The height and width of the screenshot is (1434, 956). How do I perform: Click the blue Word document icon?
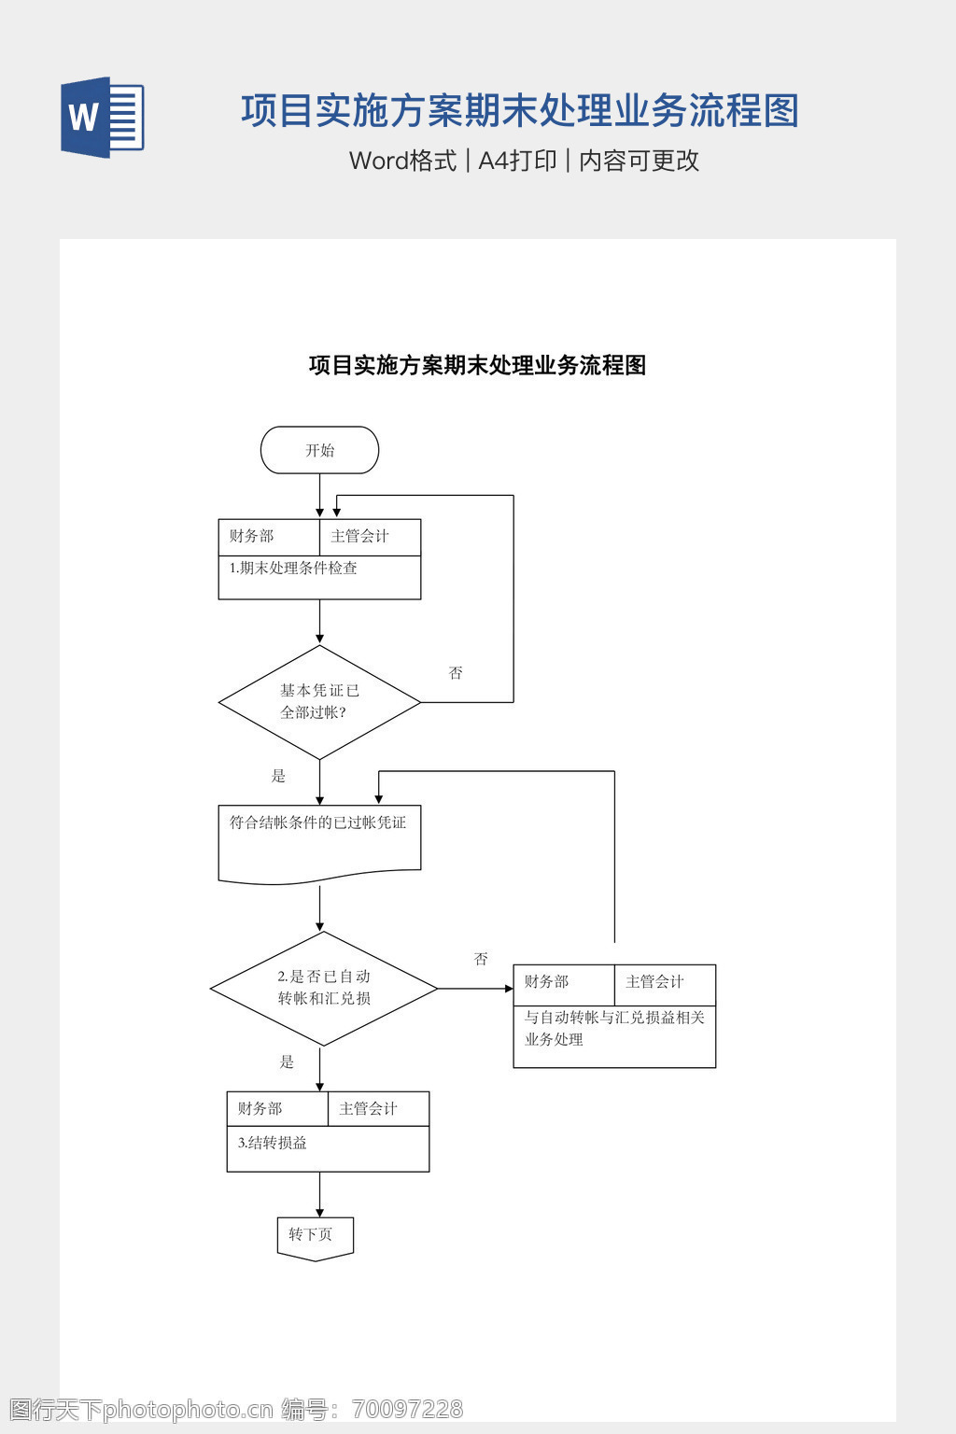pos(102,118)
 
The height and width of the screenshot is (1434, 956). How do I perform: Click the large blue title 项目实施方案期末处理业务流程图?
pos(520,111)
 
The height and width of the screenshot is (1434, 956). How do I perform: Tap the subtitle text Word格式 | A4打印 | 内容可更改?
pos(524,161)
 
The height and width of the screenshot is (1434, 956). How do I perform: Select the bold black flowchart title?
pos(477,365)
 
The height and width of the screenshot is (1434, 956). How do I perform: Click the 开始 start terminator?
pos(319,450)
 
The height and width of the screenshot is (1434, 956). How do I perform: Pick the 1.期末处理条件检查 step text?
pos(293,568)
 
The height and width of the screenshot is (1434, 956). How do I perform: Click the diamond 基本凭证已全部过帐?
pos(319,702)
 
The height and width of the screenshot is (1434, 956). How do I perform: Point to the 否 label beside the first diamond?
pos(456,673)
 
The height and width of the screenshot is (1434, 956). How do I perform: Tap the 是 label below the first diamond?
pos(278,776)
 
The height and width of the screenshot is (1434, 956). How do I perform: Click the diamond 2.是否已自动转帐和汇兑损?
pos(323,988)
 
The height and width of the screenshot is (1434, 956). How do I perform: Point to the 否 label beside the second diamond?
pos(481,959)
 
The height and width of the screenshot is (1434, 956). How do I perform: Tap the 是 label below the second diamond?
pos(287,1061)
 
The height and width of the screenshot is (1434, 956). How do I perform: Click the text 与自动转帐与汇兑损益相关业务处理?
pos(613,1028)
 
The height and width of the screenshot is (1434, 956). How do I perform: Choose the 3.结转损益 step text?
pos(273,1143)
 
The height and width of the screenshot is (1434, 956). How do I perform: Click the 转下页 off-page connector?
pos(315,1236)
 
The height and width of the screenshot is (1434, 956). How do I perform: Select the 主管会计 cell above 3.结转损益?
pos(369,1108)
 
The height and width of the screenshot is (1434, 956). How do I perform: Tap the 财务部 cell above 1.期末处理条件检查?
pos(252,536)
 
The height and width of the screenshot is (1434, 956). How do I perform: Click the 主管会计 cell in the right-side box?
pos(654,981)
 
